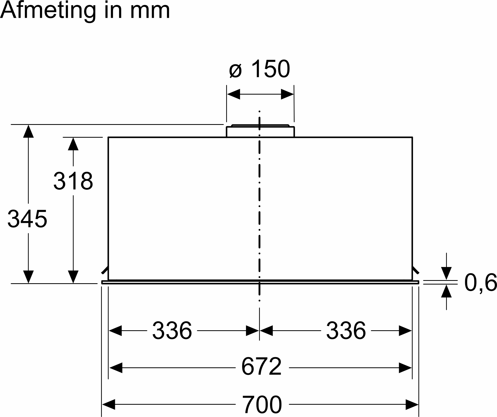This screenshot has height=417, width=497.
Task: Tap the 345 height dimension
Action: tap(27, 219)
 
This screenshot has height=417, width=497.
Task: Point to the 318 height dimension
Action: tap(73, 181)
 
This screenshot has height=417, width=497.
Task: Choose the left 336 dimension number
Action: tap(172, 331)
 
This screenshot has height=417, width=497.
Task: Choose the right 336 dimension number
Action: tap(346, 331)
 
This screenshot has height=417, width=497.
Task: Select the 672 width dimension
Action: tap(262, 367)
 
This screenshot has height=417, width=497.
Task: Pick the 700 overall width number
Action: tap(262, 404)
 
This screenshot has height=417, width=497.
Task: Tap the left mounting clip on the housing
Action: tap(105, 271)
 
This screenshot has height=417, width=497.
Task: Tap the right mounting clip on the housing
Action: tap(416, 271)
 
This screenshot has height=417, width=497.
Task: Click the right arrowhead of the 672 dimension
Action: tap(405, 368)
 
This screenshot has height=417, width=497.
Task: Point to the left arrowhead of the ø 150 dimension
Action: tap(233, 94)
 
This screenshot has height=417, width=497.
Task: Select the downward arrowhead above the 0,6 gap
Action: tap(446, 273)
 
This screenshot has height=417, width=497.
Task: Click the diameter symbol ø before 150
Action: tap(236, 70)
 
